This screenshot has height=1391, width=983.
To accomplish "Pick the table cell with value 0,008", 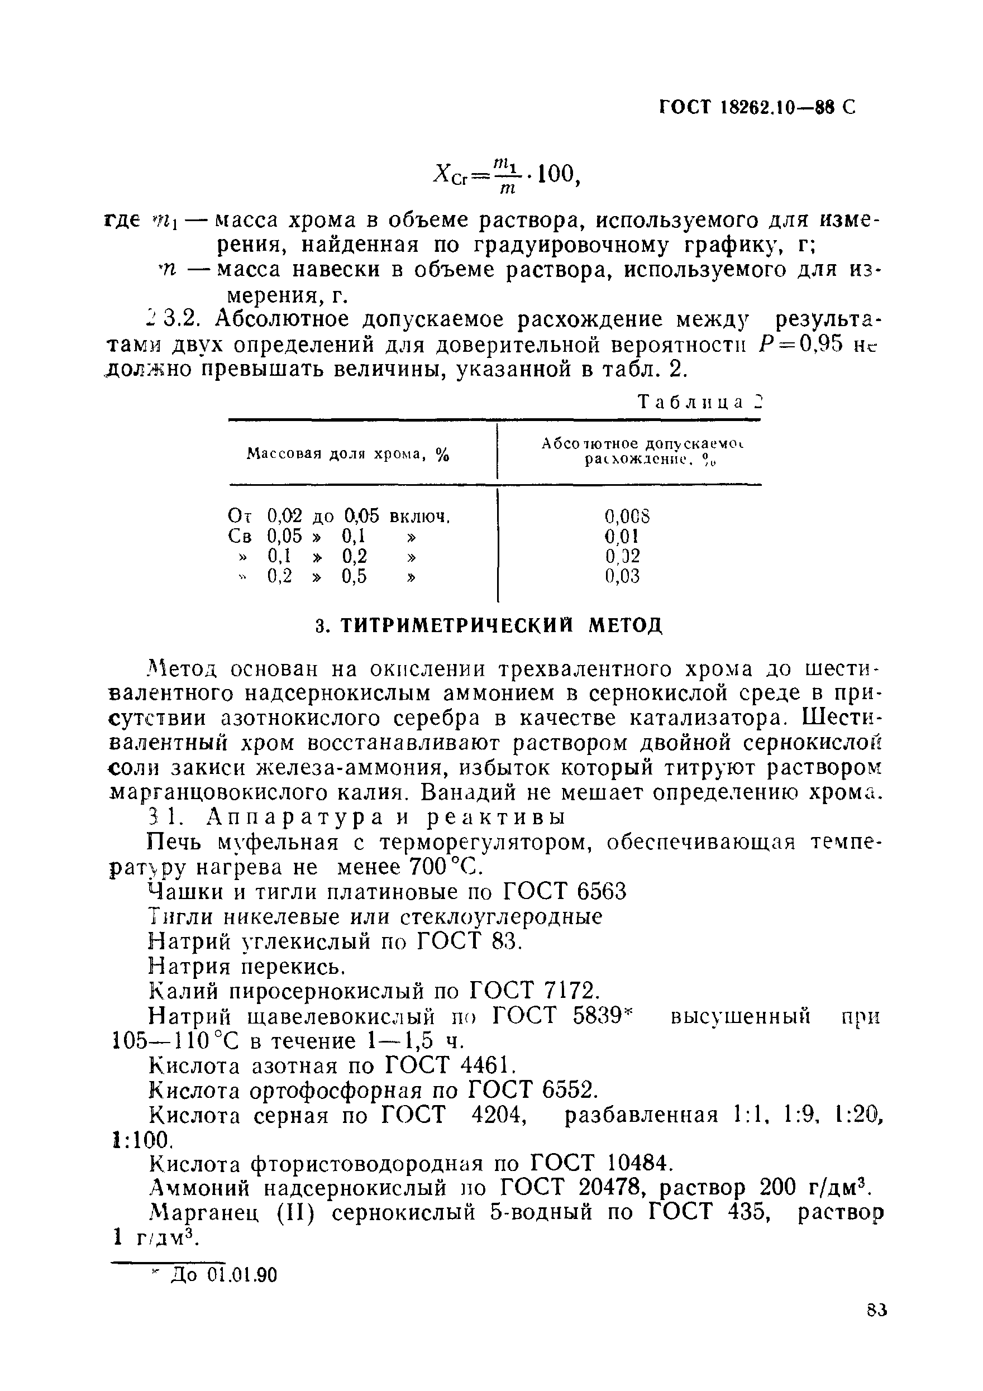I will click(x=627, y=516).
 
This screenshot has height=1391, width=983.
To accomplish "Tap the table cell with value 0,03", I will click(x=622, y=576).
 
